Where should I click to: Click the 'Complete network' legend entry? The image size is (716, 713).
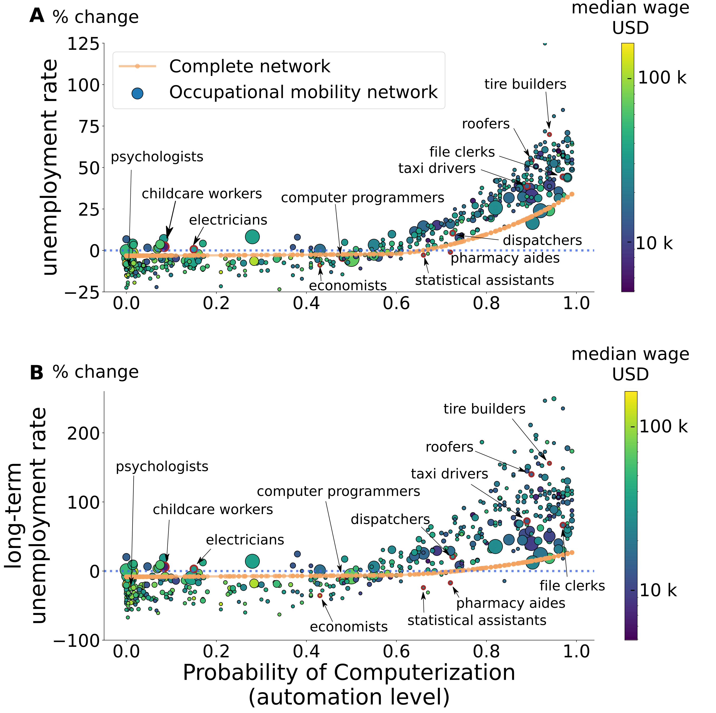(249, 66)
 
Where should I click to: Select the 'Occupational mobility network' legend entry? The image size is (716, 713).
(303, 92)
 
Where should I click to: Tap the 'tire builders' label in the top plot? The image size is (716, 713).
(525, 84)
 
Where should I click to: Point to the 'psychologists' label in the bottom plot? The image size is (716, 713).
(162, 467)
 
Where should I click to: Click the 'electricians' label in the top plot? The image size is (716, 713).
(228, 220)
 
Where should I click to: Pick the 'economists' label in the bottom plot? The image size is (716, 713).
(349, 627)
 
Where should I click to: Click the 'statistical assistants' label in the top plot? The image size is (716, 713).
(484, 280)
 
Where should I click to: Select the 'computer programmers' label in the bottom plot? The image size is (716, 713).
(338, 491)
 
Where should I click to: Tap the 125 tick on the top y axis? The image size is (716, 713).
(83, 44)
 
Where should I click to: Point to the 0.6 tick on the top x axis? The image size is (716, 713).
(396, 303)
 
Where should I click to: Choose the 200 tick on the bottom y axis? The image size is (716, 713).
(83, 433)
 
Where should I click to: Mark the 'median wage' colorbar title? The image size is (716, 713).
(630, 354)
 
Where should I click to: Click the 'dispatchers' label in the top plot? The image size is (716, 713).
(542, 240)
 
